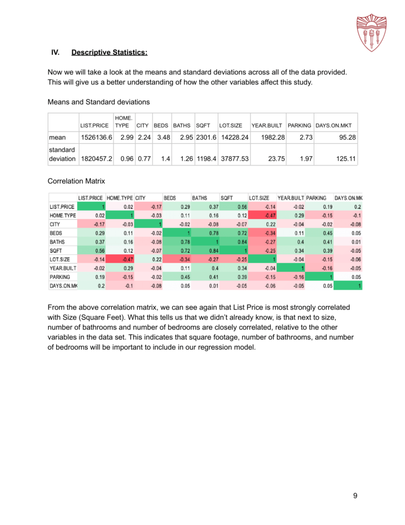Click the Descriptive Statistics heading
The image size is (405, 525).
(x=110, y=52)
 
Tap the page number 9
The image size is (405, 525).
(x=355, y=495)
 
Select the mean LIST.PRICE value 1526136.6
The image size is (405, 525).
(x=97, y=137)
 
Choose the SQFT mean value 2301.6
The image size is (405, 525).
(x=206, y=137)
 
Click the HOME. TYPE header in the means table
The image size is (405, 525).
(x=122, y=122)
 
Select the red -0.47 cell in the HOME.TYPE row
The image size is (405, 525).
(x=263, y=216)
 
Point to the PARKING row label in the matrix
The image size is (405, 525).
(x=60, y=277)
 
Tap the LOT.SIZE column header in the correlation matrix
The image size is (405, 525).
(x=259, y=198)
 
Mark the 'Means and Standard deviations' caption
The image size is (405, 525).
(x=98, y=102)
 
